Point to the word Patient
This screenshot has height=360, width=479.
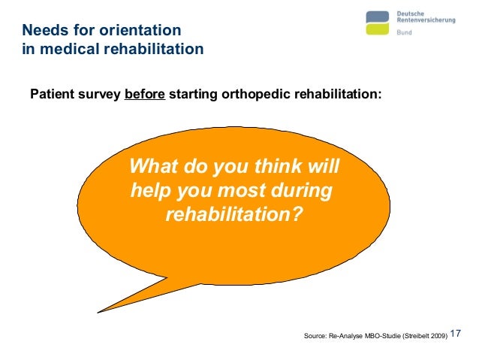click(53, 95)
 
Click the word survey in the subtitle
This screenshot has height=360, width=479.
click(101, 95)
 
